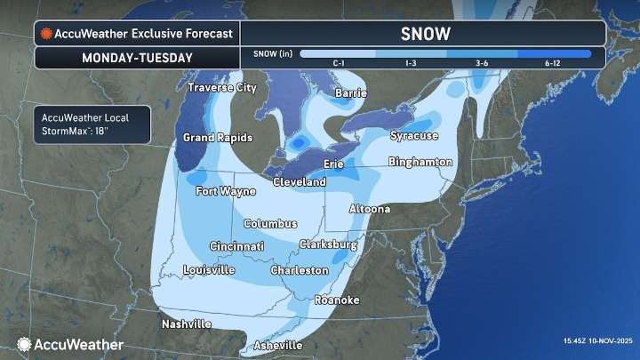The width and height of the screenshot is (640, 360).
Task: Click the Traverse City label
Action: [x=221, y=88]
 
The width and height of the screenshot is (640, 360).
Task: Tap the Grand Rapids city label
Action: [x=218, y=138]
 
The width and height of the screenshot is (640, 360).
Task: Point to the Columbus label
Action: [x=270, y=223]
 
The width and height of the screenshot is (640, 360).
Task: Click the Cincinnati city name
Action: [x=236, y=246]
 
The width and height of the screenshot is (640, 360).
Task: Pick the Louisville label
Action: [x=209, y=269]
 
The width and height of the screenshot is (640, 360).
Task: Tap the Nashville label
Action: [x=187, y=324]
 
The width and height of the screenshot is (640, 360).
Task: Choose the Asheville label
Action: [x=277, y=345]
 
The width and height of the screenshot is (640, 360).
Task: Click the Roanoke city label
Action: [x=337, y=300]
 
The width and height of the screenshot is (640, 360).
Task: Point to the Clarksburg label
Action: [x=328, y=244]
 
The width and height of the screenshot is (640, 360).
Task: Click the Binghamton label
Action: [x=420, y=162]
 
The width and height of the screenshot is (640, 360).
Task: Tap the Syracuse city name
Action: [x=414, y=136]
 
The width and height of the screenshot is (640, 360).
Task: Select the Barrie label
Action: [x=350, y=92]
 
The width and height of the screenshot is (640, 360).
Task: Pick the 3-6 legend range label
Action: [x=482, y=63]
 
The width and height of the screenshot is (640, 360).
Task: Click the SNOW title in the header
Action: [x=425, y=34]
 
